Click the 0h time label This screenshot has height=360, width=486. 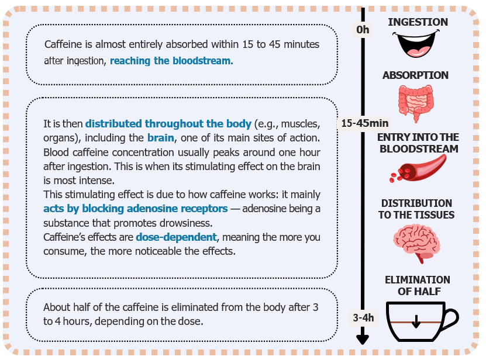tap(363, 30)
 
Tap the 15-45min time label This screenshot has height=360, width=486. tap(365, 123)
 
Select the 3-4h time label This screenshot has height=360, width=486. tap(363, 318)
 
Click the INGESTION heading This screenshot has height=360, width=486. tap(418, 22)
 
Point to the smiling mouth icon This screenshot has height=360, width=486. tap(416, 43)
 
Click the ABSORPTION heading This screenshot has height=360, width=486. tap(415, 75)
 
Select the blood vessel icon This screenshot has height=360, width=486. tap(422, 167)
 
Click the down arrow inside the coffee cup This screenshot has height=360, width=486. tap(416, 321)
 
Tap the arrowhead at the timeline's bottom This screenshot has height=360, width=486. tap(363, 340)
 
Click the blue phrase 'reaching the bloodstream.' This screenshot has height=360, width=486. tap(171, 61)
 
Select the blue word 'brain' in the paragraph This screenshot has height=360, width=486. tap(161, 137)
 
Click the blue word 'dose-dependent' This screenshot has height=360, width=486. tap(176, 237)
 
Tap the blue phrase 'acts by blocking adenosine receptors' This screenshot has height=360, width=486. tap(136, 209)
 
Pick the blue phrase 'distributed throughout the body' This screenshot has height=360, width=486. tap(168, 124)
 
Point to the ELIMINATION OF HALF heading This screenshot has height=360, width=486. tap(418, 286)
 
